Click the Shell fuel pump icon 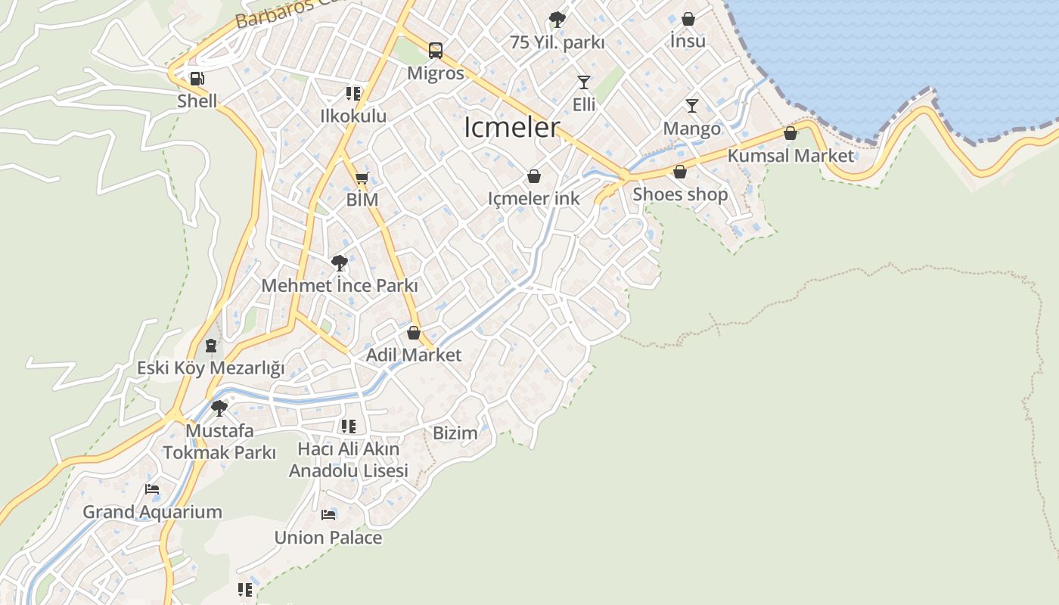[x=197, y=78]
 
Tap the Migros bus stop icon [x=436, y=51]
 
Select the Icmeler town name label [x=512, y=127]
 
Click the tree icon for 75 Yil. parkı [x=557, y=19]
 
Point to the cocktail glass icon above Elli [x=583, y=82]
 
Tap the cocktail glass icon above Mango [x=692, y=105]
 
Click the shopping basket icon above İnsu [x=688, y=19]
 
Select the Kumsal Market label [x=790, y=156]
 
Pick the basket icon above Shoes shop [x=680, y=172]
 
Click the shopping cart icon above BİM [x=362, y=178]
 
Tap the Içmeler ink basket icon [x=534, y=176]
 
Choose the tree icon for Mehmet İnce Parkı [x=340, y=263]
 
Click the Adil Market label [x=414, y=355]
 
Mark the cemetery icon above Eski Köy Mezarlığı [x=211, y=346]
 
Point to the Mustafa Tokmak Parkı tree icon [x=219, y=408]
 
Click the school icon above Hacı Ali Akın [x=348, y=427]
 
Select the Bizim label [x=455, y=433]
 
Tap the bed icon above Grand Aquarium [x=152, y=489]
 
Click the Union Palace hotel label [x=328, y=538]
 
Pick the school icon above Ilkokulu [x=353, y=94]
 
